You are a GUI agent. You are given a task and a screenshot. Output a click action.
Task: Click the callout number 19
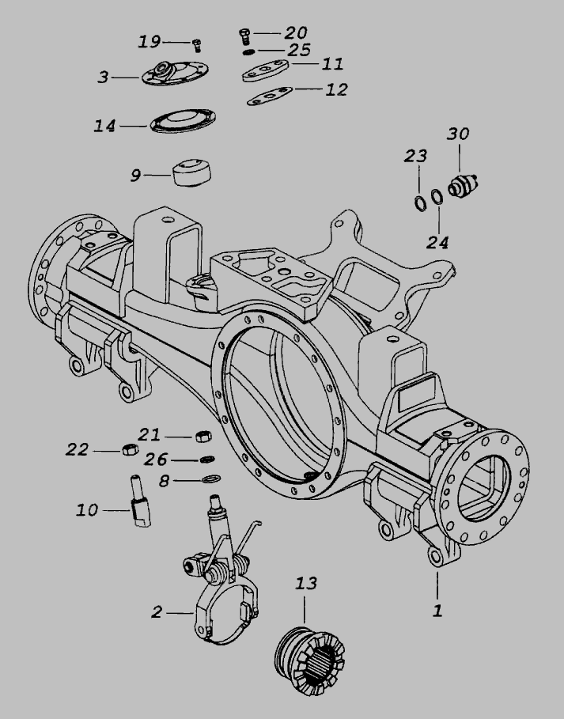tap(150, 42)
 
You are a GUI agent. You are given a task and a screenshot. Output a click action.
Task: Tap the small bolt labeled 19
tap(197, 45)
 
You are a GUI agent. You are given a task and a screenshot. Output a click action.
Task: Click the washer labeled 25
tap(249, 52)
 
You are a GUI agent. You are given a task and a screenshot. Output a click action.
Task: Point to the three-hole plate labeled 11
tap(265, 70)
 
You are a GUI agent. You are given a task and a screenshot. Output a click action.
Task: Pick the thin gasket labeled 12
tap(270, 96)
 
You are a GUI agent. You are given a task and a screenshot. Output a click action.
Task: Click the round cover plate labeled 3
tap(175, 73)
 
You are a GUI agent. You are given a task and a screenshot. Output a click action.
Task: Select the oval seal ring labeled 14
tap(183, 121)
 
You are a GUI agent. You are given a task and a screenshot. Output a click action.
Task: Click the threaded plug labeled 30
tap(463, 185)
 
